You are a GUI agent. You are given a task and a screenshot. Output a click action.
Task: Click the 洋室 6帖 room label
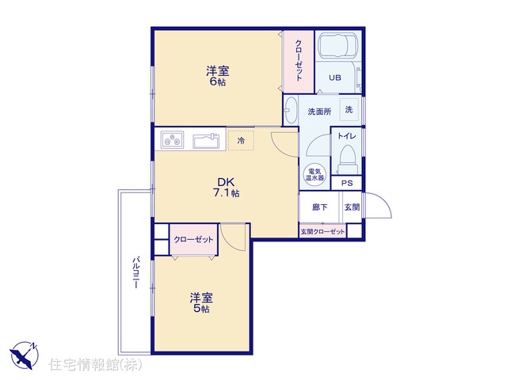coord(218,76)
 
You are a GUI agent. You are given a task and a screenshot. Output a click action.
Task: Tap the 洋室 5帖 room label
coord(201,302)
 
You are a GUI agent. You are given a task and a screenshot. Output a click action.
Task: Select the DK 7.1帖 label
coord(226,187)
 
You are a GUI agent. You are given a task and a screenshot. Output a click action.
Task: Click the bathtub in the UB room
coord(338,45)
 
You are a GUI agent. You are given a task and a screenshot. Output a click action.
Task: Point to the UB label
coord(335,78)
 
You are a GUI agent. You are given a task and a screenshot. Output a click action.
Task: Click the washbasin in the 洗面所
coord(291,110)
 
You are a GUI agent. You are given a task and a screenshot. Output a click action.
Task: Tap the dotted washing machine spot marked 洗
coord(349,109)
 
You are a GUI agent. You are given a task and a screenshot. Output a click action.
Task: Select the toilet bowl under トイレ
coord(347,160)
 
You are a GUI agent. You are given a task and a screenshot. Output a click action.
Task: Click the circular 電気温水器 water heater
coord(315,175)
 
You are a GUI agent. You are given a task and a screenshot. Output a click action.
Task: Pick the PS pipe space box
coord(347,183)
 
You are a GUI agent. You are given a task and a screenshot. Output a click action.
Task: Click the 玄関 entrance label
coord(352,207)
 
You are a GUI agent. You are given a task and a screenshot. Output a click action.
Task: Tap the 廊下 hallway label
coord(319,207)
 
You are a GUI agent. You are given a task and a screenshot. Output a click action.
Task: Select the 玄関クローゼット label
coord(322,232)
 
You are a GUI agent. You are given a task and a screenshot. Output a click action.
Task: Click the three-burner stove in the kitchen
coord(172,140)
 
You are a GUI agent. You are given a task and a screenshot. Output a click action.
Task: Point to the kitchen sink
coord(206,141)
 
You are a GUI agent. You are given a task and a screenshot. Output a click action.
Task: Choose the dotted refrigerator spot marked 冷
coord(241,140)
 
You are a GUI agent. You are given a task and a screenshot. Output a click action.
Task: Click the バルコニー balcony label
coord(136,272)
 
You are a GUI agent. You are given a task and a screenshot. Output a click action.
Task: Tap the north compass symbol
coord(25,355)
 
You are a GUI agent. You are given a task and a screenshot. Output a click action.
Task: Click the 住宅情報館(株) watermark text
coord(95,365)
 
